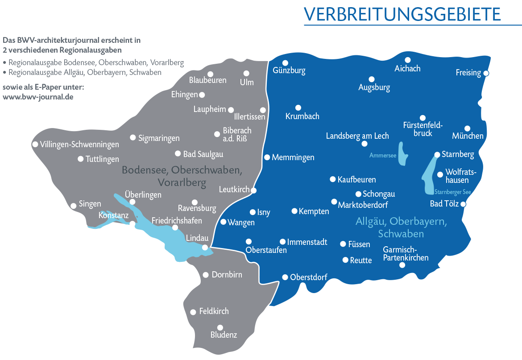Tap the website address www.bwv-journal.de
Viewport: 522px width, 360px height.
pyautogui.click(x=38, y=96)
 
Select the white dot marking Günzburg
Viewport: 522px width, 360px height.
pyautogui.click(x=286, y=63)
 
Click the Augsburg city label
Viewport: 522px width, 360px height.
pyautogui.click(x=374, y=87)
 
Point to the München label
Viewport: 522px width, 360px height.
pyautogui.click(x=468, y=136)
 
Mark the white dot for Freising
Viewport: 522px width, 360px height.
pyautogui.click(x=486, y=73)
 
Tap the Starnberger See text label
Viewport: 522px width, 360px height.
pyautogui.click(x=452, y=192)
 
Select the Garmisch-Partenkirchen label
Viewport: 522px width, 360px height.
pyautogui.click(x=406, y=253)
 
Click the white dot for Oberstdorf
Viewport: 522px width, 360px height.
pyautogui.click(x=285, y=277)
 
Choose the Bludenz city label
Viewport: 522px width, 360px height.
pyautogui.click(x=224, y=335)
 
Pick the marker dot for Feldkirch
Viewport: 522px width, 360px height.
pyautogui.click(x=193, y=312)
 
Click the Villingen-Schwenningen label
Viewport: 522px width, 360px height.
pyautogui.click(x=79, y=145)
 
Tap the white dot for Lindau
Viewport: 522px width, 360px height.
pyautogui.click(x=205, y=248)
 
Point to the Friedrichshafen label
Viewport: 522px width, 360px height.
pyautogui.click(x=177, y=221)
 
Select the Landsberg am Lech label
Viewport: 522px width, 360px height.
pyautogui.click(x=357, y=136)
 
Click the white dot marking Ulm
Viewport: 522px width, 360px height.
pyautogui.click(x=246, y=73)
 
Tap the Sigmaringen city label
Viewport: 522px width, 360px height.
pyautogui.click(x=159, y=138)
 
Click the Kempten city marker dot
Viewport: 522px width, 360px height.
pyautogui.click(x=294, y=211)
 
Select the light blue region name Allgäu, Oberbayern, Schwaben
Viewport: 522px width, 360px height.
pyautogui.click(x=401, y=227)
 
